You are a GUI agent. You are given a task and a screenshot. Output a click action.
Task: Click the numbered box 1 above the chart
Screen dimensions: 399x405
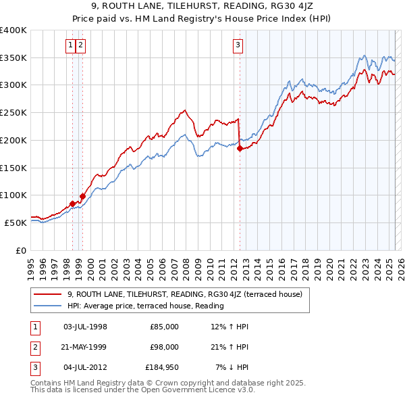coord(71,45)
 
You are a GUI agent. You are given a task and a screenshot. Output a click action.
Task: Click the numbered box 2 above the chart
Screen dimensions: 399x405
coord(80,45)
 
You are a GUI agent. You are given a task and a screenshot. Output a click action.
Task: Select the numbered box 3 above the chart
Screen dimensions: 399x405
coord(238,45)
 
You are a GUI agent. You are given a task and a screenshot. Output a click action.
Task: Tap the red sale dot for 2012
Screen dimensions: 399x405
coord(240,149)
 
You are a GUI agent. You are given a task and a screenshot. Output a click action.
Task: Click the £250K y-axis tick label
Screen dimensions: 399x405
coord(13,112)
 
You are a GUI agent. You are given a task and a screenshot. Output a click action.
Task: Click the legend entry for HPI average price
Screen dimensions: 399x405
coord(145,306)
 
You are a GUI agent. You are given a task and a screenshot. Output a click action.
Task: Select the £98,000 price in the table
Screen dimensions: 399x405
coord(164,347)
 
